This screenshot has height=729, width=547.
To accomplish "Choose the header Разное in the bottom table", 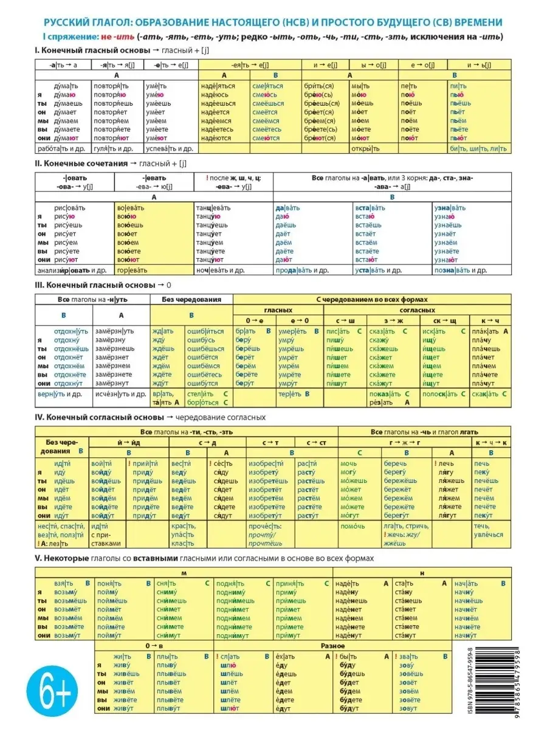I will coord(333,646).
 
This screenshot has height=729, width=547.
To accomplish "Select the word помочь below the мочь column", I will coord(353,526).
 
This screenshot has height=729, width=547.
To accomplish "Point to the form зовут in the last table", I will coord(409,708).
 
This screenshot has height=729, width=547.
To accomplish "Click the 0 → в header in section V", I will coord(154,646).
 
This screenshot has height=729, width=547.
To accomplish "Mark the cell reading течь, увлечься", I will coord(489,530).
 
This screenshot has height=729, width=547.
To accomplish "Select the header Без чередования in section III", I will coord(191,299).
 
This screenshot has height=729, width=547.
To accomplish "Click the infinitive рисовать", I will coord(70,208).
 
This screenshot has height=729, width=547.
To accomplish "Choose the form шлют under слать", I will coord(230,708).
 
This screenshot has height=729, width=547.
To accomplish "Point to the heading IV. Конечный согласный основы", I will coord(100,417).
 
